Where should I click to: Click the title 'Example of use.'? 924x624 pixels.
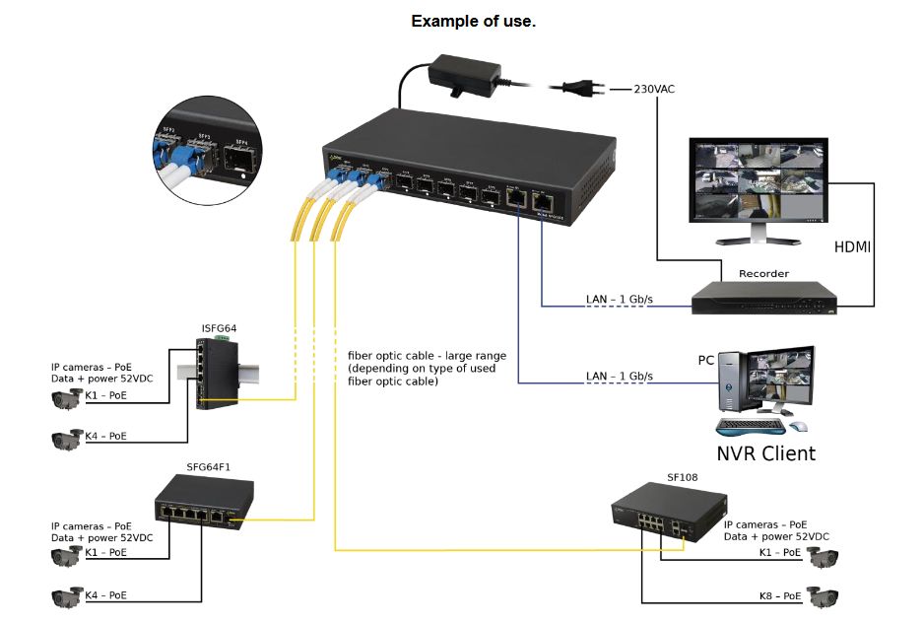(473, 21)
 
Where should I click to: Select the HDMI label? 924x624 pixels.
(852, 247)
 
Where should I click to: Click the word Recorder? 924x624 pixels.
(763, 273)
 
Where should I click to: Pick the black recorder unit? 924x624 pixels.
(763, 298)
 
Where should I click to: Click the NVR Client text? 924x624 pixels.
(765, 453)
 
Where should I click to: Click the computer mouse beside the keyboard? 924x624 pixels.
(799, 427)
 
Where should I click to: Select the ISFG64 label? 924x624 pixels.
(218, 328)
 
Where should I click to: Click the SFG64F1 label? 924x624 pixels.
(208, 466)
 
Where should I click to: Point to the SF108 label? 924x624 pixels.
(682, 478)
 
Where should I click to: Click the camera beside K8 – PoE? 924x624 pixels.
(824, 596)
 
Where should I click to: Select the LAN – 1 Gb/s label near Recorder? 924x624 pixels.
(619, 299)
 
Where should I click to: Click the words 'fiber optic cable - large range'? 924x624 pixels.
(428, 356)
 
